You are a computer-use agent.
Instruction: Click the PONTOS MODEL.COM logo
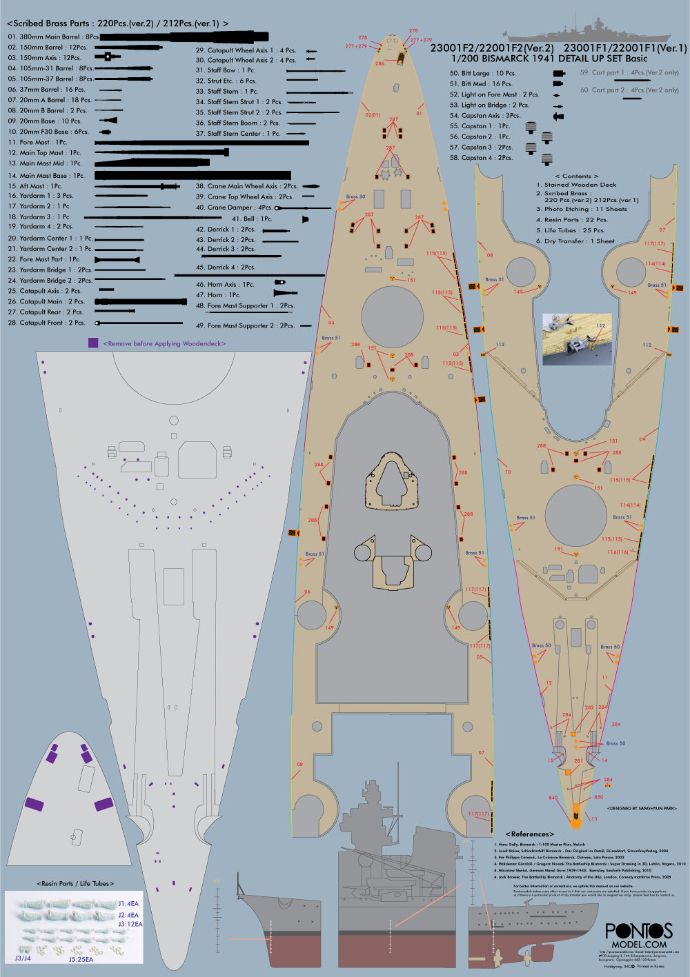click(638, 936)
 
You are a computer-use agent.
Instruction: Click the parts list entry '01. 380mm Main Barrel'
click(53, 37)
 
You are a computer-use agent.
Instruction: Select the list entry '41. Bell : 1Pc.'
click(257, 219)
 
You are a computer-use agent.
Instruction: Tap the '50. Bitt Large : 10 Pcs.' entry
click(482, 73)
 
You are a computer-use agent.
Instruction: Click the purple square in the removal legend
click(93, 343)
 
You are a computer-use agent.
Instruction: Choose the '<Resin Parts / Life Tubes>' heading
click(75, 883)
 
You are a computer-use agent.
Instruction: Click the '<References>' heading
click(530, 834)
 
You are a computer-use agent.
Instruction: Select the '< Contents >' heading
click(577, 176)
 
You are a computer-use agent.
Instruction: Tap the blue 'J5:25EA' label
click(81, 958)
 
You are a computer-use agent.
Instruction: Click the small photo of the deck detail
click(578, 339)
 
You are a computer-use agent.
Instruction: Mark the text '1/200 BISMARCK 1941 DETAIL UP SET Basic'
click(549, 59)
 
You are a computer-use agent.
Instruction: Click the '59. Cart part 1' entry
click(629, 72)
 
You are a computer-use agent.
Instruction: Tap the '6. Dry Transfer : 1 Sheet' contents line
click(575, 241)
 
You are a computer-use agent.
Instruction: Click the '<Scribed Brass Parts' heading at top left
click(117, 23)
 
